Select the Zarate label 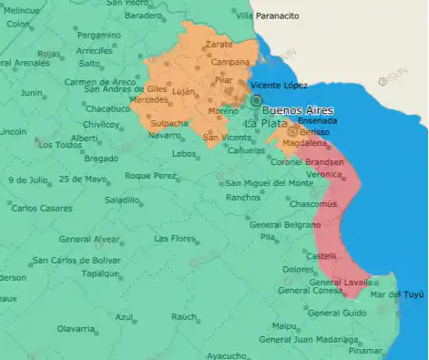pyautogui.click(x=219, y=44)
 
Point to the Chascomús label pyautogui.click(x=316, y=203)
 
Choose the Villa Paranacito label pyautogui.click(x=267, y=16)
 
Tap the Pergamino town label pyautogui.click(x=98, y=35)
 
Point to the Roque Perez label pyautogui.click(x=150, y=175)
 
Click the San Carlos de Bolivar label pyautogui.click(x=76, y=261)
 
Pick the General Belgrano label pyautogui.click(x=284, y=224)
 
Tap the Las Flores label pyautogui.click(x=175, y=239)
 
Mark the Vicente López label pyautogui.click(x=279, y=85)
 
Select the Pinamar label pyautogui.click(x=366, y=350)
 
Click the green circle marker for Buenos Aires pyautogui.click(x=257, y=100)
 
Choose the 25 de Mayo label pyautogui.click(x=83, y=179)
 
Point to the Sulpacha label pyautogui.click(x=169, y=122)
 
